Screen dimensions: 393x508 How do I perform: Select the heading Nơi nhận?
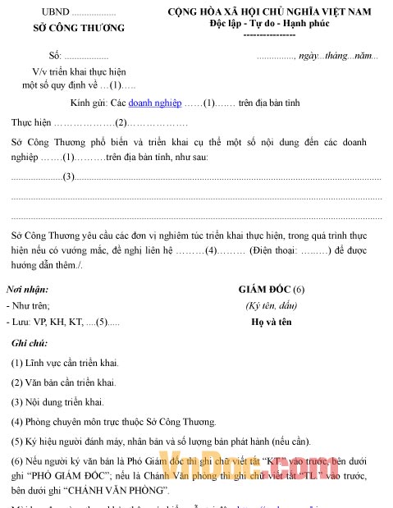(x=27, y=289)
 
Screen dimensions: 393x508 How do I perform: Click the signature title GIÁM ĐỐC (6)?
(x=272, y=289)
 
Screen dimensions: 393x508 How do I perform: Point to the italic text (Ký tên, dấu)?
(x=270, y=305)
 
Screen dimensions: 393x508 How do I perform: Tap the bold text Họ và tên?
(x=271, y=322)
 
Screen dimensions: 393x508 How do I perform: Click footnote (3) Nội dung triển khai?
(x=57, y=401)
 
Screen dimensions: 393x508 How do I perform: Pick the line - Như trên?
(x=29, y=305)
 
